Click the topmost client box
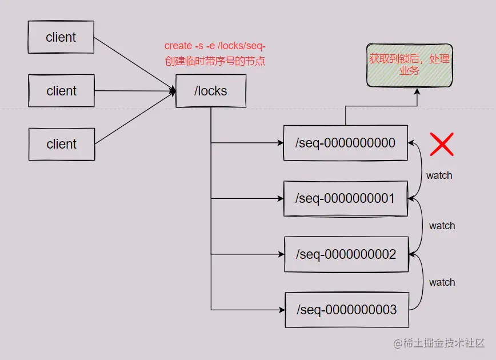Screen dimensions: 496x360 (61, 37)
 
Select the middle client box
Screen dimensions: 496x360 (61, 91)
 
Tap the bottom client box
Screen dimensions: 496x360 (62, 144)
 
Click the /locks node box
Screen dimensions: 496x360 (211, 91)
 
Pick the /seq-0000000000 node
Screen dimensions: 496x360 (345, 143)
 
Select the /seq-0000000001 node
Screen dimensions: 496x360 (345, 198)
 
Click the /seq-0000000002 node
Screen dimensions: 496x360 (346, 254)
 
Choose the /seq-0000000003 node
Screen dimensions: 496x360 (346, 310)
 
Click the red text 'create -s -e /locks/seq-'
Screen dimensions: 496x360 (215, 46)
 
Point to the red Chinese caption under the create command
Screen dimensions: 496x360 (215, 61)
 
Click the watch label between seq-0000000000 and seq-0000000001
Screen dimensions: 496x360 (439, 175)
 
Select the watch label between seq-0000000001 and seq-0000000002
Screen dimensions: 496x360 (442, 226)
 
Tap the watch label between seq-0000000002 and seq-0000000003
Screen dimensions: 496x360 (442, 282)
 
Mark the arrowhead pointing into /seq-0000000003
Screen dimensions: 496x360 (281, 310)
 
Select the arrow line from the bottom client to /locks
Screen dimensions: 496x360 (134, 118)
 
